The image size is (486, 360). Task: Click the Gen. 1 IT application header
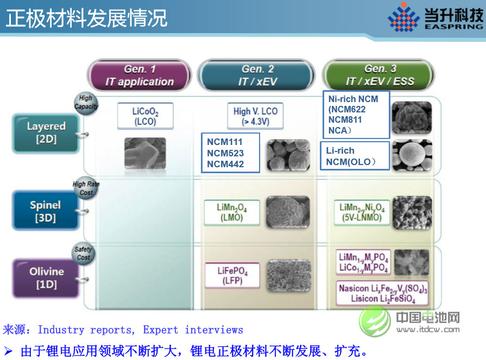coord(140,75)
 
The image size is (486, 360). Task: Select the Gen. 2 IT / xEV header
coord(258,75)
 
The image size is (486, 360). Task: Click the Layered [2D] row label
coord(46,132)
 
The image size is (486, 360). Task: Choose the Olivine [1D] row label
coord(46,277)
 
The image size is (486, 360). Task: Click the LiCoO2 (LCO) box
coord(145,116)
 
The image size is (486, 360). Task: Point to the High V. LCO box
coord(255,116)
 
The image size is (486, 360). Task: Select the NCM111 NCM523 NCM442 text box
coord(230,153)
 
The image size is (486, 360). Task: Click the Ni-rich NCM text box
coord(356,115)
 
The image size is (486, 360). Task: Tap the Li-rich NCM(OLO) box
coord(355,156)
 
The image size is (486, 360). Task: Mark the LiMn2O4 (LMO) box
coord(231,212)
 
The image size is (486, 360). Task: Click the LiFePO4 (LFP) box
coord(231,275)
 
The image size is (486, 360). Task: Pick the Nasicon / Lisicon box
coord(382,293)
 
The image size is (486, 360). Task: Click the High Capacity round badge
coord(85,103)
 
